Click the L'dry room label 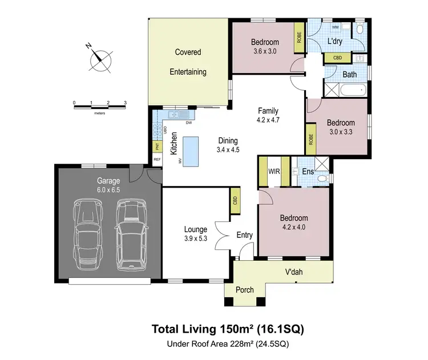pyautogui.click(x=335, y=42)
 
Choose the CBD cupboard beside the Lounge pyautogui.click(x=235, y=201)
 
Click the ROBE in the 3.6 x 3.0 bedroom pyautogui.click(x=298, y=37)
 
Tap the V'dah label pyautogui.click(x=293, y=272)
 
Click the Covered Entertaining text pyautogui.click(x=188, y=62)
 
